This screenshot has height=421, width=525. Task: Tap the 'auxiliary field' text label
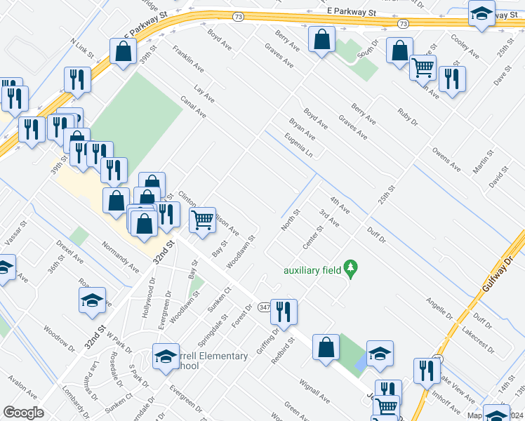(312, 269)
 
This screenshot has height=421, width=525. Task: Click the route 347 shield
(265, 307)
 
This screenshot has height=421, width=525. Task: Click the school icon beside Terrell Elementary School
(166, 356)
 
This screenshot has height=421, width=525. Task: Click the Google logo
(23, 412)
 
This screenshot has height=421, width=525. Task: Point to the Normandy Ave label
(120, 257)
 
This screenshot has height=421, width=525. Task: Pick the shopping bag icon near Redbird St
(326, 347)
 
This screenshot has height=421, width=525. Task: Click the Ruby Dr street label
(407, 115)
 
